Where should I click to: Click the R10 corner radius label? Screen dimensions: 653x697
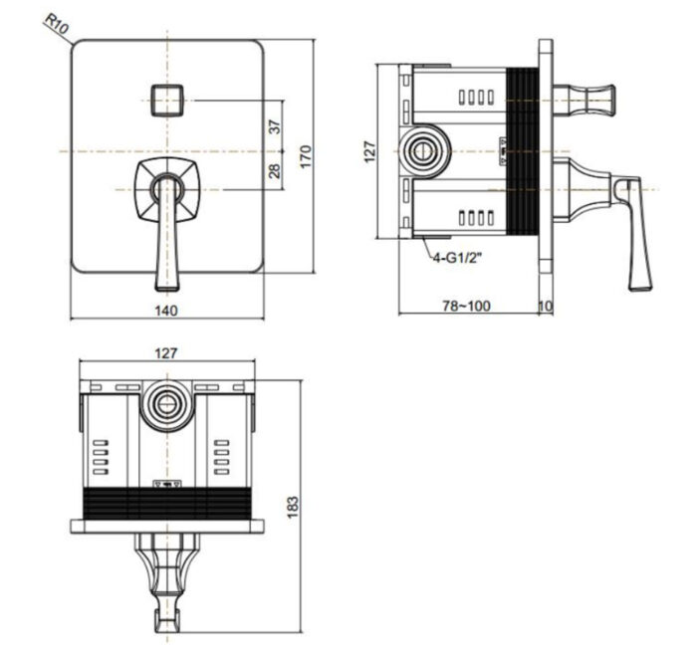coord(56,25)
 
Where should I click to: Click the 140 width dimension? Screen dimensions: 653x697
coord(166,311)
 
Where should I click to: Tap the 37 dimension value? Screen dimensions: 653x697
coord(275,125)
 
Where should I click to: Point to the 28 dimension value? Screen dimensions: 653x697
coord(275,170)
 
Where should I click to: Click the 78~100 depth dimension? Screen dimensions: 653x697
coord(466,307)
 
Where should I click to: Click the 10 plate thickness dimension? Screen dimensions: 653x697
coord(545,307)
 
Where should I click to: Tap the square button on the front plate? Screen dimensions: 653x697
coord(167,100)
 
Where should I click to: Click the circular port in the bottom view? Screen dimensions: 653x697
coord(166,404)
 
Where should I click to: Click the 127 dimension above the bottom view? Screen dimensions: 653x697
coord(166,351)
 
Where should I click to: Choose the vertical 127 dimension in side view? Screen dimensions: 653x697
coord(369,151)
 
